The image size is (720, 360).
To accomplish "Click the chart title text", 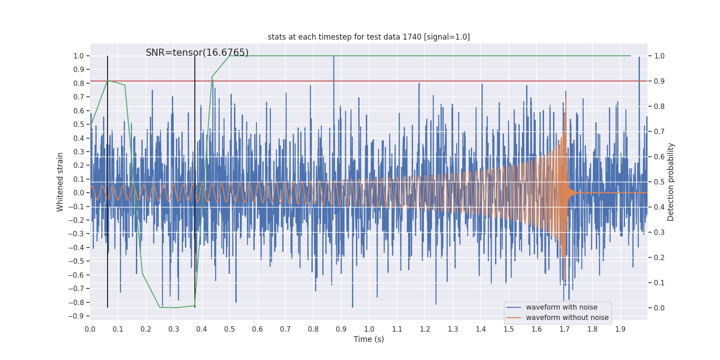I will point(369,37).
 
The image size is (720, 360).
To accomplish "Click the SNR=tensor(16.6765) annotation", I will point(197,53).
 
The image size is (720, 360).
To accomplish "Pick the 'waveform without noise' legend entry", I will point(567,318).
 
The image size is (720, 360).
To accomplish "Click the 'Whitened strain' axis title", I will point(60,182).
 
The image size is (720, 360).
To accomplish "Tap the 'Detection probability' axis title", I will point(671,182).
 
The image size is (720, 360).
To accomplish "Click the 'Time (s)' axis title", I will point(369,339).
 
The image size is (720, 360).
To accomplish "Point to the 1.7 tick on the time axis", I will point(564,329).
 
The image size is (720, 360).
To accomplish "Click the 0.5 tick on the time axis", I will point(229,329).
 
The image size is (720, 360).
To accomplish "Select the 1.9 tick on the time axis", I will point(620,329).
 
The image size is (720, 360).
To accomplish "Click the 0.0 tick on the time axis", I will point(90,329).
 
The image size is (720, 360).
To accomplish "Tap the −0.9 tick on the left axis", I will point(78,316).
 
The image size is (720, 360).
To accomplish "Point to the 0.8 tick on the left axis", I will point(79,83).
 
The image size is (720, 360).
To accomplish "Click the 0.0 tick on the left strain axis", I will point(79,193).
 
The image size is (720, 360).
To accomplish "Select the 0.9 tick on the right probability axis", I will point(659,81).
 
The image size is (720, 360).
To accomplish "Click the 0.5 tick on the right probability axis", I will point(659,182).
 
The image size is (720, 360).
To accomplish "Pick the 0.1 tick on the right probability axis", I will point(659,283).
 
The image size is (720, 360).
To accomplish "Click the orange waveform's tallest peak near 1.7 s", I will point(566,97).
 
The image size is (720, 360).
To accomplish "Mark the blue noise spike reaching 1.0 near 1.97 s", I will point(639,58).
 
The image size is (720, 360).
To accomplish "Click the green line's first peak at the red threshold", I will point(108,81).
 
